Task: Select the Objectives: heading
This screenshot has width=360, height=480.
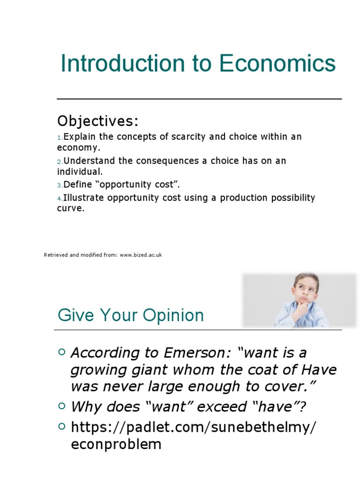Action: coord(98,121)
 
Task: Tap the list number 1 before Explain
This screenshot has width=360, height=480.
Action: coord(60,137)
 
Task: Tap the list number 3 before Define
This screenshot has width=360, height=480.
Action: coord(60,185)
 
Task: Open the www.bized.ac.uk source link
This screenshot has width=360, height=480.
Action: coord(141,255)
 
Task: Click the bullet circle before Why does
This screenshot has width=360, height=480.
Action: coord(62,406)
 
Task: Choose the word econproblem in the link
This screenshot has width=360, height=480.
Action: coord(116,444)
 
